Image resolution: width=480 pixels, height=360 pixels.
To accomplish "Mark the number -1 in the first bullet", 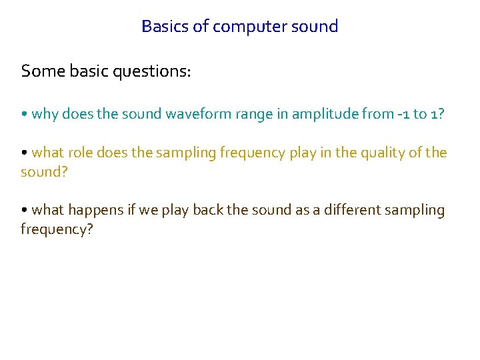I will (401, 114).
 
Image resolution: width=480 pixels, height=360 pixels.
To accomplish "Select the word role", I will (80, 153).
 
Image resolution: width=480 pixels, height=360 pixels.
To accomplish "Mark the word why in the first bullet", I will (45, 115).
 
